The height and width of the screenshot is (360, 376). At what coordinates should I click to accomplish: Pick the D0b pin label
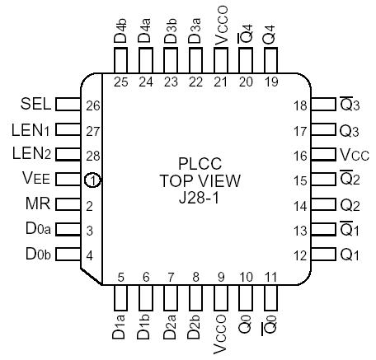coord(36,255)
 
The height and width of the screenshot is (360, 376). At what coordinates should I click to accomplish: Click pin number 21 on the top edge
coord(220,82)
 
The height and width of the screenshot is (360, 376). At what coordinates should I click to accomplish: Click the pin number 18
coord(299,105)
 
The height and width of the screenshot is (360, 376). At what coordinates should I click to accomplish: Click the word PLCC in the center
coord(198,163)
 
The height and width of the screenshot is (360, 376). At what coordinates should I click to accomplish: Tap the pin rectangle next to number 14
coord(324,205)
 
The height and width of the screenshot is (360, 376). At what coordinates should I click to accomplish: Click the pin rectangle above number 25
coord(120,61)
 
